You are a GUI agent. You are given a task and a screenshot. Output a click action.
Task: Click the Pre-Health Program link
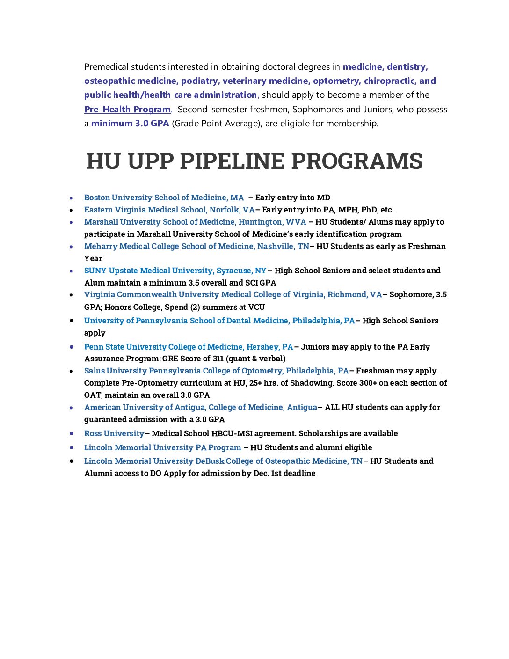click(x=127, y=109)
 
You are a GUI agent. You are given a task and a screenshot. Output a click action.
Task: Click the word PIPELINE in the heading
click(x=232, y=161)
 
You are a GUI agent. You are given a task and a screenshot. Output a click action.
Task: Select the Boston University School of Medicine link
click(x=164, y=198)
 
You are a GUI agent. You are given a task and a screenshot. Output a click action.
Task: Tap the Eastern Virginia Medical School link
click(x=169, y=210)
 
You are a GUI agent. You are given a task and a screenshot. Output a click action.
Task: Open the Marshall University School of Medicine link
click(x=195, y=222)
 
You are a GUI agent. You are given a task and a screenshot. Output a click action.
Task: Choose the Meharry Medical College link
click(x=196, y=246)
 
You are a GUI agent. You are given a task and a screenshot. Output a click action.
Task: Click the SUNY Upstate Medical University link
click(x=175, y=271)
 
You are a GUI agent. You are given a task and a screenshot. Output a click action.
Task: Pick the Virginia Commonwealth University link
click(x=233, y=294)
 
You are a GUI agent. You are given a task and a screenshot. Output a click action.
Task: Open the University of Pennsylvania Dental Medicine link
click(x=219, y=321)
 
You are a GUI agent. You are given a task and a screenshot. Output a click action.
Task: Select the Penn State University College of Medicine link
click(x=189, y=347)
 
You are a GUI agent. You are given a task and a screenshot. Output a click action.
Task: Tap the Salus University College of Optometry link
click(x=217, y=371)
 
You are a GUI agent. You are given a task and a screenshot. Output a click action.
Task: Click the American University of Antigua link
click(x=201, y=407)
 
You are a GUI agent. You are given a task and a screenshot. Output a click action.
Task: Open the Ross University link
click(x=114, y=433)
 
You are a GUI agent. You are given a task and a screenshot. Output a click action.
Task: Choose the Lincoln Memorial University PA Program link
click(x=162, y=447)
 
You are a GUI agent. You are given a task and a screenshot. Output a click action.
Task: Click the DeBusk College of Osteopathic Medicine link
click(x=223, y=461)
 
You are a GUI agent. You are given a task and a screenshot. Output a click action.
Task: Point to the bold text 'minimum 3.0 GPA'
click(x=130, y=124)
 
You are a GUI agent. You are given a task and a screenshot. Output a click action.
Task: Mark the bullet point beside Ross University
click(x=72, y=433)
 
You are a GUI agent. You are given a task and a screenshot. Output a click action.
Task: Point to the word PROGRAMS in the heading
click(x=357, y=161)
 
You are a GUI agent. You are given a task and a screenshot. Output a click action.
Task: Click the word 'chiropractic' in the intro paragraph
click(x=390, y=81)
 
